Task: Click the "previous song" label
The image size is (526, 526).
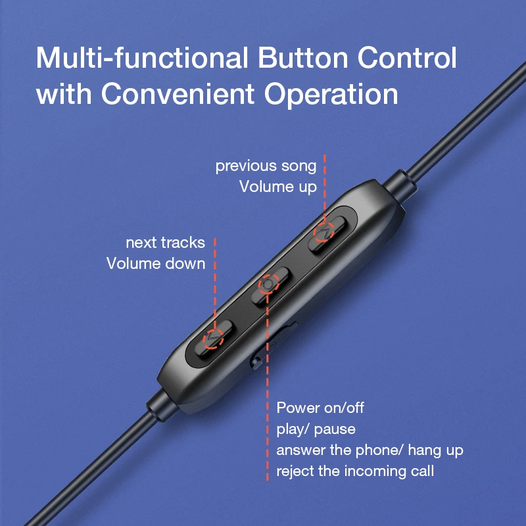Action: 266,166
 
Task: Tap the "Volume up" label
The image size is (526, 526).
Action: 277,187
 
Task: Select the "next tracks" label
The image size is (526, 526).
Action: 165,243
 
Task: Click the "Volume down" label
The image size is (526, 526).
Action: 156,264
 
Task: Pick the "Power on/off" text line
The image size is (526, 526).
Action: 320,408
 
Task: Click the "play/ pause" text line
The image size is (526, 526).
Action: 316,429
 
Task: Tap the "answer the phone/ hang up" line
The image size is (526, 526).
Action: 370,450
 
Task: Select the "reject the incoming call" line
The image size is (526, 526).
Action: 355,471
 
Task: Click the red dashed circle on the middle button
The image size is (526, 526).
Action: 268,284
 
